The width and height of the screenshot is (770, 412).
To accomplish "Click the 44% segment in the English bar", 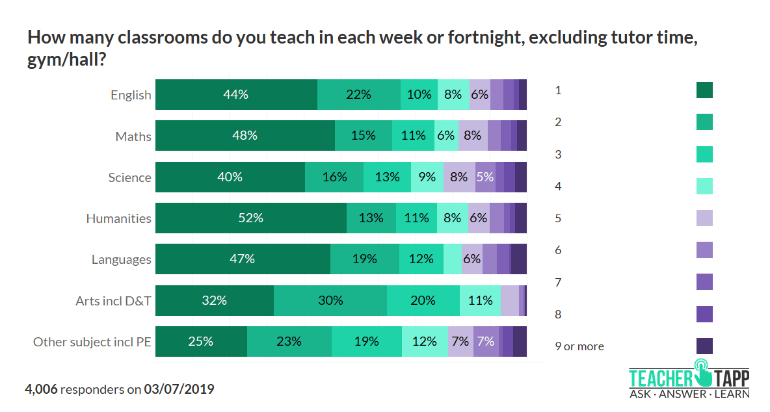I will click(x=236, y=94).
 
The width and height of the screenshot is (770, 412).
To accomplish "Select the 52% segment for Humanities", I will click(x=250, y=218).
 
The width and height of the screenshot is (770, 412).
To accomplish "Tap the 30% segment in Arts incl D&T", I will click(x=330, y=300).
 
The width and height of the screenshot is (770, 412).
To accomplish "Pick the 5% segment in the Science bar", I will click(x=485, y=177).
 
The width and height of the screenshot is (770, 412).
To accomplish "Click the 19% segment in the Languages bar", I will click(x=364, y=259).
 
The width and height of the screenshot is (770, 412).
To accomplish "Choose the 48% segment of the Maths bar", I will click(x=245, y=136).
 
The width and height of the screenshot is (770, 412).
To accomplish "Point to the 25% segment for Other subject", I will click(x=201, y=341).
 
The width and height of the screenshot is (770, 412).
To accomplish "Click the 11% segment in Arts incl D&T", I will click(x=480, y=300).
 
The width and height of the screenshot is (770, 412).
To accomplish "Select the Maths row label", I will click(x=133, y=136).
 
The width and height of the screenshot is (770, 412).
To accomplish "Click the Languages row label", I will click(x=121, y=260).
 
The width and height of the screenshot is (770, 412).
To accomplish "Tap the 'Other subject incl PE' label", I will click(x=92, y=342).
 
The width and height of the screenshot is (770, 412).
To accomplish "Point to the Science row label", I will click(x=130, y=177).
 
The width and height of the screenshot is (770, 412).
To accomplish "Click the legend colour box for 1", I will click(x=704, y=90).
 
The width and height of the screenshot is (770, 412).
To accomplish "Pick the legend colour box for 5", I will click(x=704, y=218).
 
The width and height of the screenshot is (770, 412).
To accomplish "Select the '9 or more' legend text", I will click(x=579, y=346).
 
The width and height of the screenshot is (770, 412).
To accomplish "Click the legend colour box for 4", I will click(x=704, y=186).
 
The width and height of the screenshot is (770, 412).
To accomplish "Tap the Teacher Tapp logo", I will click(x=689, y=383).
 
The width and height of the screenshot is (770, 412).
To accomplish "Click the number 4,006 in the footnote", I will click(x=41, y=389).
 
